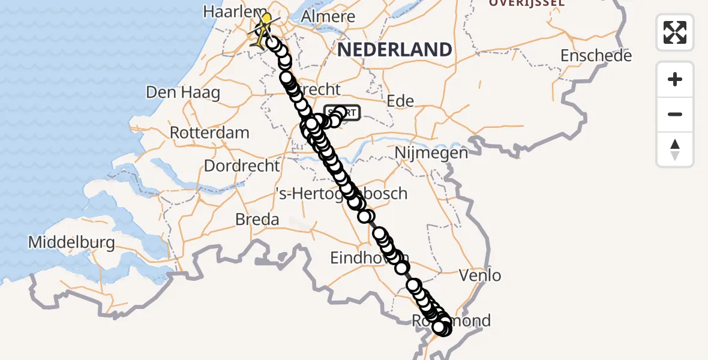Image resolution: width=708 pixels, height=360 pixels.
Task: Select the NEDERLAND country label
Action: tap(394, 49)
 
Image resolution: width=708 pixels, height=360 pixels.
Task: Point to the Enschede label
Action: tap(596, 56)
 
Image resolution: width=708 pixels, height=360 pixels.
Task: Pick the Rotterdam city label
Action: tap(209, 132)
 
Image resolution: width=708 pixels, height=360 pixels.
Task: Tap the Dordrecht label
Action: tap(242, 165)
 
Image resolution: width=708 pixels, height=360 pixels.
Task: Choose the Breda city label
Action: tap(257, 219)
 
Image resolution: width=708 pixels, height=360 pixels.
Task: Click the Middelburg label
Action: tap(71, 242)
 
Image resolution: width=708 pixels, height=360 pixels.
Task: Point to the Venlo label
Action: tap(479, 276)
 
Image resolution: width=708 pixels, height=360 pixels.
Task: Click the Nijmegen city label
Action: tap(431, 152)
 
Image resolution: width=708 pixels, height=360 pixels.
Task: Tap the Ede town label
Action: tap(401, 100)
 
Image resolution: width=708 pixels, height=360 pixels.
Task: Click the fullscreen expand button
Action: tap(675, 32)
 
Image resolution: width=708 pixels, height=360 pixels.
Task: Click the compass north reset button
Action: tap(675, 149)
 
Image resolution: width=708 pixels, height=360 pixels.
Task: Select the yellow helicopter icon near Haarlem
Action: tap(263, 28)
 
